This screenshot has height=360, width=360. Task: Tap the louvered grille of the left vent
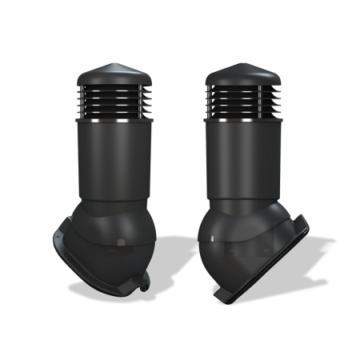[x=113, y=99]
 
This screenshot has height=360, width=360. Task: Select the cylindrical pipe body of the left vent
[x=113, y=156]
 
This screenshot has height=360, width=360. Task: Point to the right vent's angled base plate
[x=272, y=248]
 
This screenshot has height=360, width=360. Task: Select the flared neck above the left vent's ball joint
[x=113, y=204]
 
